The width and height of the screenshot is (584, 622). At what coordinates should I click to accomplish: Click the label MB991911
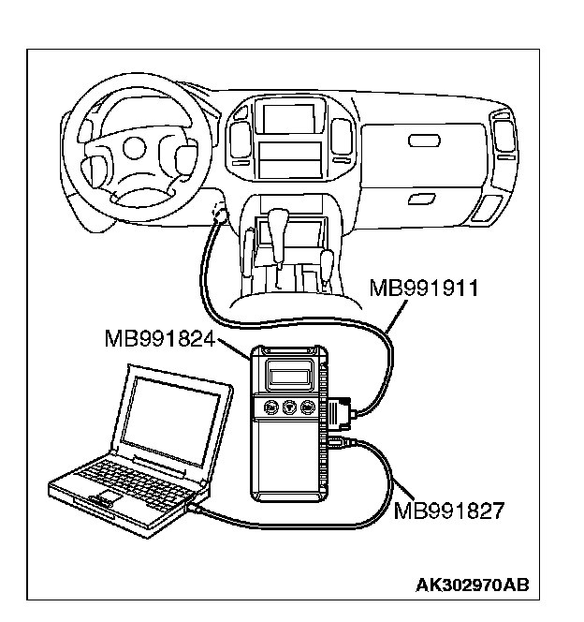pos(424,287)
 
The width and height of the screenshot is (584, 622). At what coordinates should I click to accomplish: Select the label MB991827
pos(449,511)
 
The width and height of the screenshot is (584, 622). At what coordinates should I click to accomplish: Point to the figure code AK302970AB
pos(472,586)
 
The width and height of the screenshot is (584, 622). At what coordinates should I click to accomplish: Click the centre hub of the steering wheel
pos(134,147)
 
